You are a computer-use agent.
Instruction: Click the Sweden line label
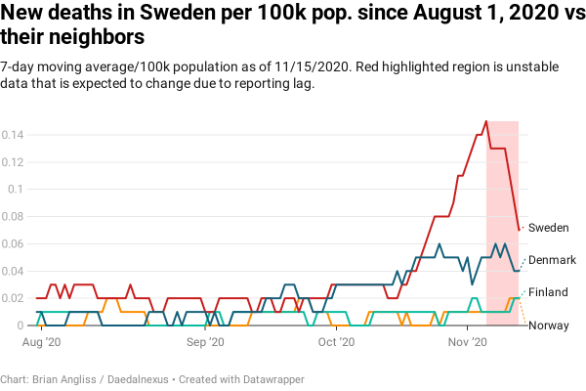pos(548,227)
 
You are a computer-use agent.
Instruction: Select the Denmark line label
pos(552,260)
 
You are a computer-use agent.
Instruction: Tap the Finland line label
pos(548,292)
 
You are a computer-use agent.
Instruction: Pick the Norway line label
pos(549,326)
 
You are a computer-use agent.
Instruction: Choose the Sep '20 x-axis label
pos(205,343)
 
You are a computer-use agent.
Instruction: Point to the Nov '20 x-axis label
pos(467,343)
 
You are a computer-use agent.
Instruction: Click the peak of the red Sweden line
pos(485,122)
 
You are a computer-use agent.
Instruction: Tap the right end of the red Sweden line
pos(519,230)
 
